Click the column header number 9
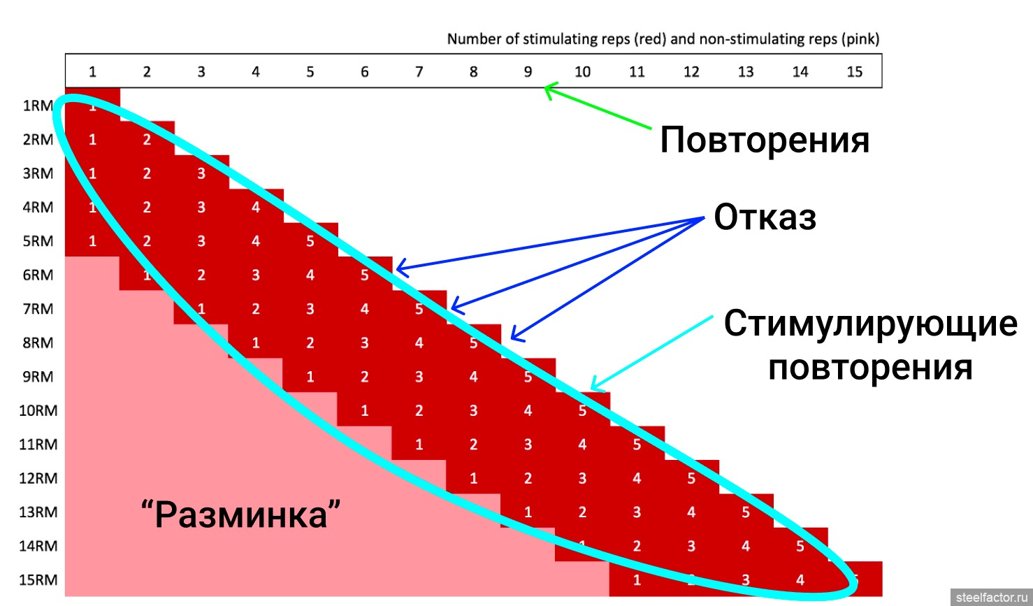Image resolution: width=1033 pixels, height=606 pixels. coord(528,71)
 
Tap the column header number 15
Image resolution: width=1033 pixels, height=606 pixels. coord(854,71)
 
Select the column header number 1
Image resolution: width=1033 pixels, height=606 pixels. coord(92,71)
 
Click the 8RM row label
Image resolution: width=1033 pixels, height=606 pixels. coord(38,342)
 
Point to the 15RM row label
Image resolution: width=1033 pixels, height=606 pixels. coord(38,579)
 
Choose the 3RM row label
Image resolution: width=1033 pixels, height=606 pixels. coord(38,173)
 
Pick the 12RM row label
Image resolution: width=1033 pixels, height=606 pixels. coord(38,478)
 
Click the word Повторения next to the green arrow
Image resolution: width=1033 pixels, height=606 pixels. coord(765,140)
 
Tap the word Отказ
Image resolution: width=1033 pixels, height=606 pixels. coord(765,217)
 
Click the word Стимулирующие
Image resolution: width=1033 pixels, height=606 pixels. coord(870,324)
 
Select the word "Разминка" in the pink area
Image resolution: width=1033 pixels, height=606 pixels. coord(241,515)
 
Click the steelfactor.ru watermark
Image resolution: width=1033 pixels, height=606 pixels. coord(992,598)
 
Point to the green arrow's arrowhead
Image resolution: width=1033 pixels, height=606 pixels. coord(547,87)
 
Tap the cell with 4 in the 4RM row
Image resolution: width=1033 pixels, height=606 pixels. coord(256,207)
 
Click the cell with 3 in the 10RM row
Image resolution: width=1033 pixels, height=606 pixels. coord(473,410)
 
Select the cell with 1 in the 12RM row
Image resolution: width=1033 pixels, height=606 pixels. coord(473,478)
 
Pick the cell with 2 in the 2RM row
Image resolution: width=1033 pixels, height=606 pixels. coord(147,139)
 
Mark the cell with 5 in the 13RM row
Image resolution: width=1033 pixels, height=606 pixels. coord(746,512)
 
